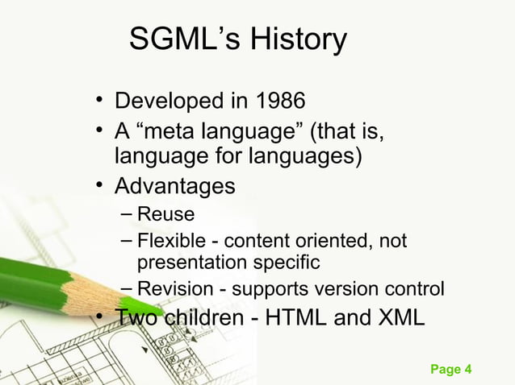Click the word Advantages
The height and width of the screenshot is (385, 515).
click(174, 186)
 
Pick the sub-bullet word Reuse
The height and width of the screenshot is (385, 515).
click(165, 214)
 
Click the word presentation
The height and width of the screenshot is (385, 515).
click(189, 262)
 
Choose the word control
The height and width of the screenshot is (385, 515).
click(416, 288)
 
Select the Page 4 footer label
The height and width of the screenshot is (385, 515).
click(450, 370)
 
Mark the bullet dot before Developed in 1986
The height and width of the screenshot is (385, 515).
click(98, 102)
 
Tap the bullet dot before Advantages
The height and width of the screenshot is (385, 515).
click(98, 186)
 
